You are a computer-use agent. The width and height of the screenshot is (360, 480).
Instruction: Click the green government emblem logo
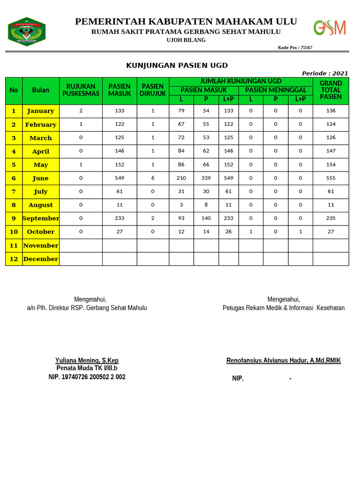pos(26,32)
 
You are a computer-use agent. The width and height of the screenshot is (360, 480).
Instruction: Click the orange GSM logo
pos(330,28)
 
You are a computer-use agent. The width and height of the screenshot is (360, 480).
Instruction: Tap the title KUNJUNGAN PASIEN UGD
pos(177,66)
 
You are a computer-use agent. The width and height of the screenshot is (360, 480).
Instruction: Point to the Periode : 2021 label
pos(325,73)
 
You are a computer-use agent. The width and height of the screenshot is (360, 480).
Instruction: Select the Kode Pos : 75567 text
pos(295,47)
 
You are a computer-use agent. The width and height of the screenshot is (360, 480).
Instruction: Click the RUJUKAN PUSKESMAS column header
pos(81,90)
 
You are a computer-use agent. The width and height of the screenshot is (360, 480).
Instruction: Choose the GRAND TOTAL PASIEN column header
pos(330,90)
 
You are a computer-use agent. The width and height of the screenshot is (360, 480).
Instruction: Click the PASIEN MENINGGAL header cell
pos(276,90)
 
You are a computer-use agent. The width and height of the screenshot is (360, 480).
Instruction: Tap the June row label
pos(41,178)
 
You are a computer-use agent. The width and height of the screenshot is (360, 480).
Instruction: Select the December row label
pos(41,259)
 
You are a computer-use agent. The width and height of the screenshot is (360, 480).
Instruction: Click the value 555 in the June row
pos(330,178)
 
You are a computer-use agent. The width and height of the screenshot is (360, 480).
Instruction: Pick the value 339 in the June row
pos(206,178)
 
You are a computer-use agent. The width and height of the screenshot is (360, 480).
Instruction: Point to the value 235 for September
pos(330,218)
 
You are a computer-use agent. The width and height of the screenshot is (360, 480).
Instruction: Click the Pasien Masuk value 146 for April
pos(120,151)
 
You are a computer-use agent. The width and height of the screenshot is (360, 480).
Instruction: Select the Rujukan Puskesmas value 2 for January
pos(81,111)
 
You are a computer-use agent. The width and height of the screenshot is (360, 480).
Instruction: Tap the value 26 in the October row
pos(228,232)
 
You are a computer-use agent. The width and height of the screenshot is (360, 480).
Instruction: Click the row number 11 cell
pos(14,245)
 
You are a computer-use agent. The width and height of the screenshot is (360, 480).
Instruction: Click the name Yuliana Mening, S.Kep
pos(87,360)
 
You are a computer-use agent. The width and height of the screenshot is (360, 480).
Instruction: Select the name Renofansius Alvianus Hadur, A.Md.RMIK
pos(284,360)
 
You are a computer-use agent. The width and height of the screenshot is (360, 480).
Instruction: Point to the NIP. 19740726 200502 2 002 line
pos(87,377)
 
